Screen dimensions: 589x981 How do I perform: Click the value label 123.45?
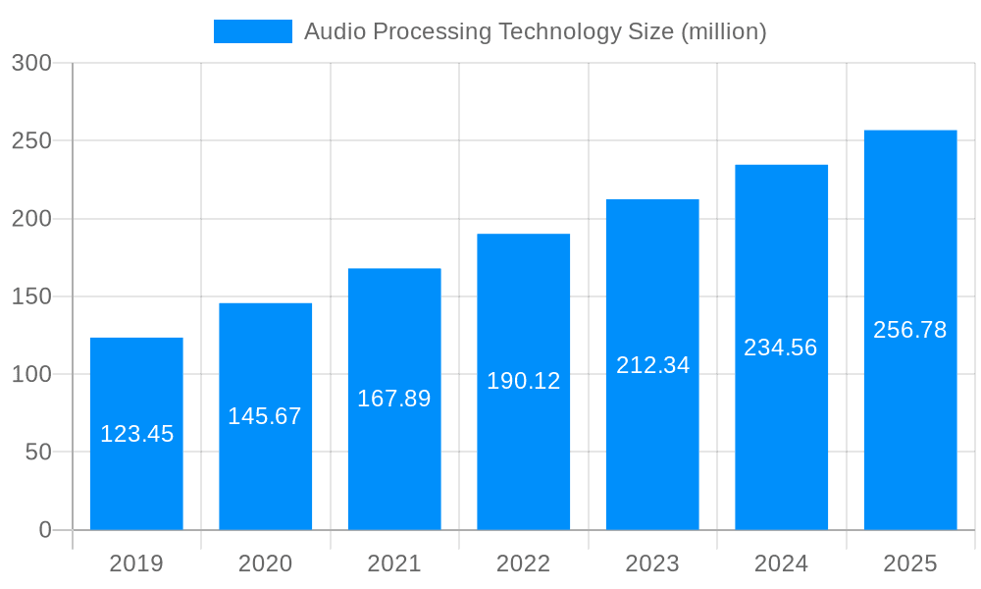[136, 434]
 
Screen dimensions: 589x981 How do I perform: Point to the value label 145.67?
[265, 416]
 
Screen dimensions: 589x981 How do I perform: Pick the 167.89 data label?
[393, 399]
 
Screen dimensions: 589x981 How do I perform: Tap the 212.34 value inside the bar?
[652, 365]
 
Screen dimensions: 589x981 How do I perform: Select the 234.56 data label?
[781, 348]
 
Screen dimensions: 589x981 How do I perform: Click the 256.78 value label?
[909, 330]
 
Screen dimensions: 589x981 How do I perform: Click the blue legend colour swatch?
[253, 31]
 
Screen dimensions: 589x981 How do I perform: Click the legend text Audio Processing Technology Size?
[535, 31]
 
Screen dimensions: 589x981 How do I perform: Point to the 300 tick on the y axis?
[31, 63]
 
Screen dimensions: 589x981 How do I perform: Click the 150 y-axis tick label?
[31, 296]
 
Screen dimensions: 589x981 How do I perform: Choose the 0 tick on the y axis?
[45, 530]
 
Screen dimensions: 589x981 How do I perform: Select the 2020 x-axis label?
[265, 563]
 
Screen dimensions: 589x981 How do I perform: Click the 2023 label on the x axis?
[652, 563]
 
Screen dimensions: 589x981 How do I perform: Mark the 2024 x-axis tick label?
[781, 563]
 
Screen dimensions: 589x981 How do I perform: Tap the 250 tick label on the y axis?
[31, 140]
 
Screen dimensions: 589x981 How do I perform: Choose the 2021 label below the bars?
[393, 563]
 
